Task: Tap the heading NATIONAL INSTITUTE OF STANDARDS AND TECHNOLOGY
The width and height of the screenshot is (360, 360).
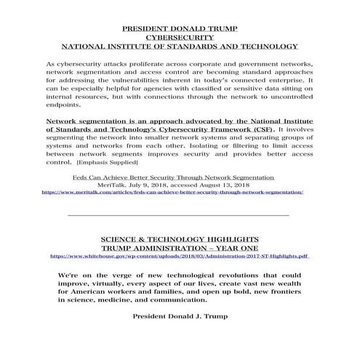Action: [180, 45]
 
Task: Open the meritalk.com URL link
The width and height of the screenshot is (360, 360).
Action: [173, 193]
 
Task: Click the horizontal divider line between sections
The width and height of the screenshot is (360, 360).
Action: [178, 216]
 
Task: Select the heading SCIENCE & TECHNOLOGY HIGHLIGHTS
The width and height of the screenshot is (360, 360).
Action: [180, 239]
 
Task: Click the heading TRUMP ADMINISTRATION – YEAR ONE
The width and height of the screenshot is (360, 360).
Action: [180, 248]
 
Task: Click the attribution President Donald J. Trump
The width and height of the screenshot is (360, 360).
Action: [180, 316]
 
